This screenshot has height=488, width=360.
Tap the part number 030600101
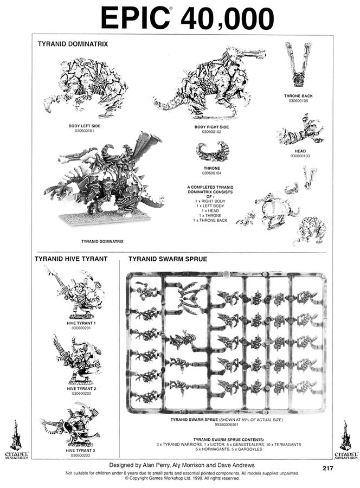pyautogui.click(x=85, y=131)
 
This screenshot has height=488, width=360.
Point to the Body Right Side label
pyautogui.click(x=211, y=126)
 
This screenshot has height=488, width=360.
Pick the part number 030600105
pyautogui.click(x=298, y=100)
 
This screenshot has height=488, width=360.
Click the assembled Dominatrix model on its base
pyautogui.click(x=103, y=184)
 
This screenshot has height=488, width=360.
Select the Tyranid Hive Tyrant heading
pyautogui.click(x=71, y=259)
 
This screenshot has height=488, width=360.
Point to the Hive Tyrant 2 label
pyautogui.click(x=81, y=389)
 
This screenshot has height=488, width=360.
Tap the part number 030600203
pyautogui.click(x=81, y=455)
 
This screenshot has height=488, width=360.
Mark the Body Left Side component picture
pyautogui.click(x=87, y=87)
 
